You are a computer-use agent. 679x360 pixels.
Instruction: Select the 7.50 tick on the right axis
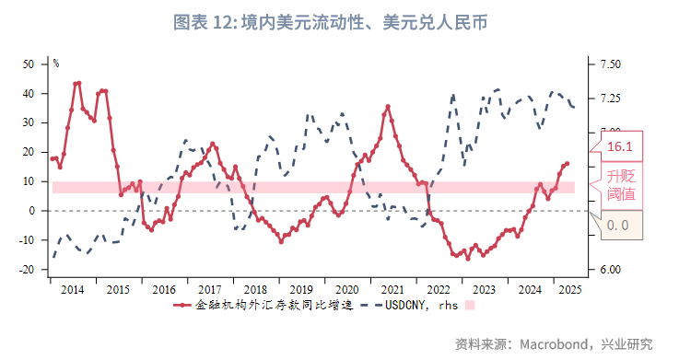609,64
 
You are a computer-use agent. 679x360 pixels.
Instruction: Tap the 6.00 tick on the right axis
609,270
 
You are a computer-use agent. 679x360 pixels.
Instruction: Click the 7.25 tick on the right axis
609,99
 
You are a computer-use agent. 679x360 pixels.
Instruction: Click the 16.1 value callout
620,146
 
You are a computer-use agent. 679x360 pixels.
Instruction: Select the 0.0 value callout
618,225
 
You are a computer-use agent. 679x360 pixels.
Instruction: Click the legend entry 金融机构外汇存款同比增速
267,305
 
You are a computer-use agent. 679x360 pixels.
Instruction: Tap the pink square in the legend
470,305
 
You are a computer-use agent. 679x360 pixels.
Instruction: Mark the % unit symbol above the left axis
55,64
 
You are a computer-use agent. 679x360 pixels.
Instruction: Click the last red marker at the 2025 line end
567,163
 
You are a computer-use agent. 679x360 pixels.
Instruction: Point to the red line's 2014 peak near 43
78,83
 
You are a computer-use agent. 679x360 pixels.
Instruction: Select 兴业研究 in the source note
629,344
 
